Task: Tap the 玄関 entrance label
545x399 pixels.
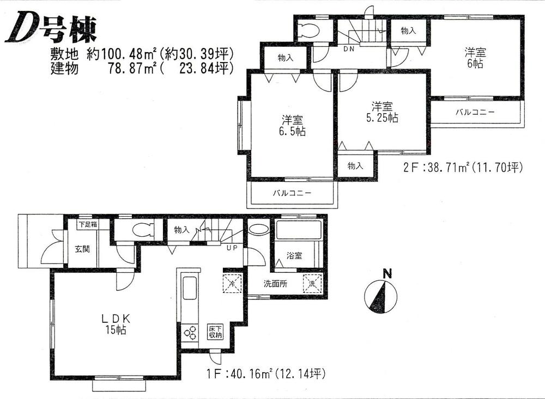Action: [x=82, y=250]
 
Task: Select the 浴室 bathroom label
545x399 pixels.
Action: [x=294, y=255]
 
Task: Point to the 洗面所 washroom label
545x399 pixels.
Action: [x=275, y=284]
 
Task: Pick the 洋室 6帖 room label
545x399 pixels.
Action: [x=475, y=58]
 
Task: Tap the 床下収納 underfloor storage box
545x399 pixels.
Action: [x=213, y=332]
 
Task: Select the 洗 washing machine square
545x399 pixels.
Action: [x=312, y=284]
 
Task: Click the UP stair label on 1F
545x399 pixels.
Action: [x=231, y=248]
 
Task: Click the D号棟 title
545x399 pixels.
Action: [x=52, y=30]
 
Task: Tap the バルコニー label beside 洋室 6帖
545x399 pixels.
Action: [x=474, y=112]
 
